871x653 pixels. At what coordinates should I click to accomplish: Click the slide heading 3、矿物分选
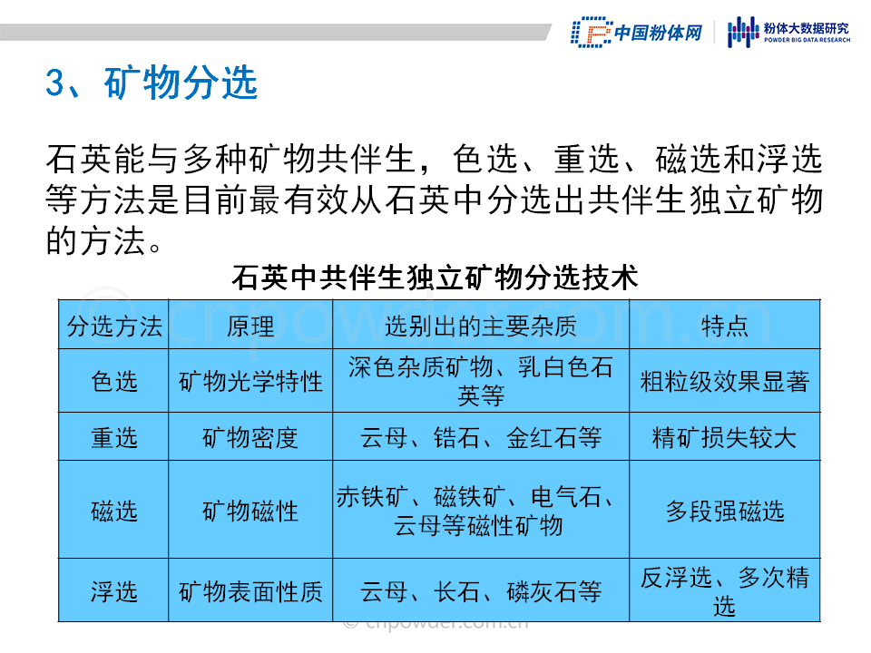[x=152, y=83]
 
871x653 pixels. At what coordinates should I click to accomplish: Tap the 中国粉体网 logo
[x=637, y=33]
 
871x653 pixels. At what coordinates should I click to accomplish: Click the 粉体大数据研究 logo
[x=788, y=33]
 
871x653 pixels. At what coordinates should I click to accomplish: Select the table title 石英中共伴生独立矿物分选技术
[x=435, y=278]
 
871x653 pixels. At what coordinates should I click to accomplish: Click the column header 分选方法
[x=114, y=326]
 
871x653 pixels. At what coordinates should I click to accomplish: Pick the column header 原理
[x=250, y=326]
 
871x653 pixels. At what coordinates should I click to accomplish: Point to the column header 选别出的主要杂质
[x=481, y=326]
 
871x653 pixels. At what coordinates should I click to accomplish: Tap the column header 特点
[x=725, y=326]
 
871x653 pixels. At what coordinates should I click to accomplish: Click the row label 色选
[x=114, y=382]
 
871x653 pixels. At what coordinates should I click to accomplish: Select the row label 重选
[x=114, y=437]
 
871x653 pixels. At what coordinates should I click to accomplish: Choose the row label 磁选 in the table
[x=114, y=511]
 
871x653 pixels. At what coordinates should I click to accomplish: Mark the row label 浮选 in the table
[x=114, y=591]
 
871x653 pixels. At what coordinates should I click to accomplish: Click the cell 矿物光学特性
[x=250, y=382]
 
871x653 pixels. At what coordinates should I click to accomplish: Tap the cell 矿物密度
[x=250, y=437]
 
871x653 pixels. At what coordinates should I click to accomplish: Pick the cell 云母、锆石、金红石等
[x=481, y=437]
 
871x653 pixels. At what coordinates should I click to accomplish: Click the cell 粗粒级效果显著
[x=725, y=382]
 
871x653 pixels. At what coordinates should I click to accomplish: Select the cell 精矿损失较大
[x=725, y=437]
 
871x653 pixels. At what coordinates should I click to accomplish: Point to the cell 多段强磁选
[x=725, y=511]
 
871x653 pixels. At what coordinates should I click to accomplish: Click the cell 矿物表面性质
[x=250, y=591]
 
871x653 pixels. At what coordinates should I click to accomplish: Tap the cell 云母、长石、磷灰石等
[x=481, y=591]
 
